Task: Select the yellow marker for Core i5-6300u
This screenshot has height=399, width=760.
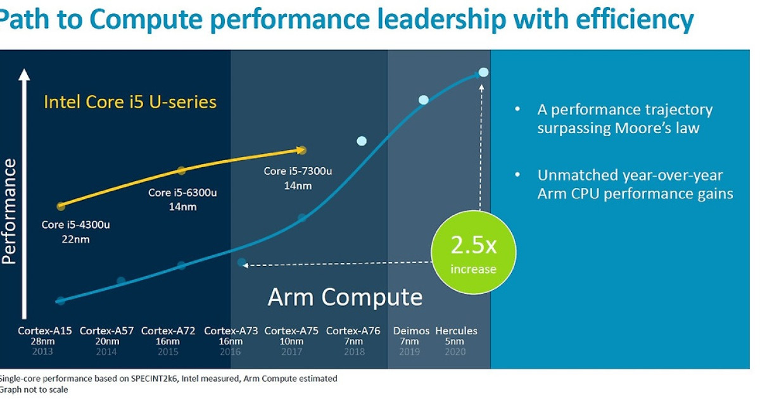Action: [181, 170]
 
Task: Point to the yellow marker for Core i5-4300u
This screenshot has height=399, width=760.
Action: [61, 206]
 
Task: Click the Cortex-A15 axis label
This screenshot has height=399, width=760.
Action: [44, 331]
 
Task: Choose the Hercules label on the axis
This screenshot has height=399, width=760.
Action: [456, 331]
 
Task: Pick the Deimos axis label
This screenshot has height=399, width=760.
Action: [411, 331]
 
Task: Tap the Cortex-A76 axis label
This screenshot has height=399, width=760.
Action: [353, 331]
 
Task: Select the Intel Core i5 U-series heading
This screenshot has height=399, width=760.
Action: [130, 102]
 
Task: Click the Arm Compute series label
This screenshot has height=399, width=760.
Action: [345, 296]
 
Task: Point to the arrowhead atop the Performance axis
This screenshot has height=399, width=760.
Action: [24, 75]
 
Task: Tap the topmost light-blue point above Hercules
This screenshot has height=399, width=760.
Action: [483, 72]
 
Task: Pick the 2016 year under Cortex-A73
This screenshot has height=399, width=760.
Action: [231, 351]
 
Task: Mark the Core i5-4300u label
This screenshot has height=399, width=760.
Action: [71, 224]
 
